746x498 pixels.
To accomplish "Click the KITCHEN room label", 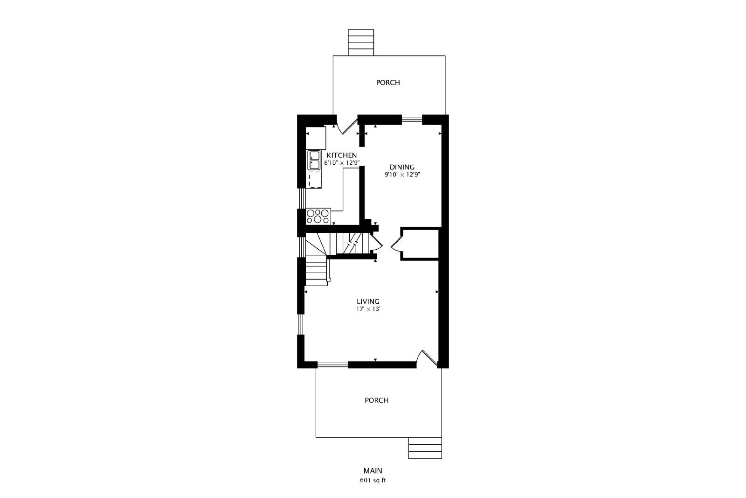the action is click(x=341, y=155).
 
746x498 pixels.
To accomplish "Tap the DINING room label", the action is click(x=402, y=167).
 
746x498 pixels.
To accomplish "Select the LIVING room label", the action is click(x=368, y=302).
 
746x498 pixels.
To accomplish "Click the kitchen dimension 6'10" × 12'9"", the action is click(x=342, y=163).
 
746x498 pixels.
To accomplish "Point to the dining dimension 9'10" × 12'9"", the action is click(x=402, y=175).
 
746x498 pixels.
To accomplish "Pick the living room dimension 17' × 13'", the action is click(x=368, y=309).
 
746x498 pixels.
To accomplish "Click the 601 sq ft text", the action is click(x=373, y=480).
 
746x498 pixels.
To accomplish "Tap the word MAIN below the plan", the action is click(x=373, y=470).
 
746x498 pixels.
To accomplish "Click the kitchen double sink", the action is click(x=314, y=161).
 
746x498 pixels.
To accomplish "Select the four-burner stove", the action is click(x=318, y=216).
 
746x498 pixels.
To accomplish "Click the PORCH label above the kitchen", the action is click(x=388, y=83).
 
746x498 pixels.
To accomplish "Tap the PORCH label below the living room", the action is click(x=377, y=400).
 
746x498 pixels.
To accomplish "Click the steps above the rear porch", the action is click(x=361, y=42).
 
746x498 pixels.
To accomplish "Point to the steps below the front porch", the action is click(x=425, y=448).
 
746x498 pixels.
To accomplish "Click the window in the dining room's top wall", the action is click(x=412, y=119).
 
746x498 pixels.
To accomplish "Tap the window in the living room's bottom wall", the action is click(x=332, y=365).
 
